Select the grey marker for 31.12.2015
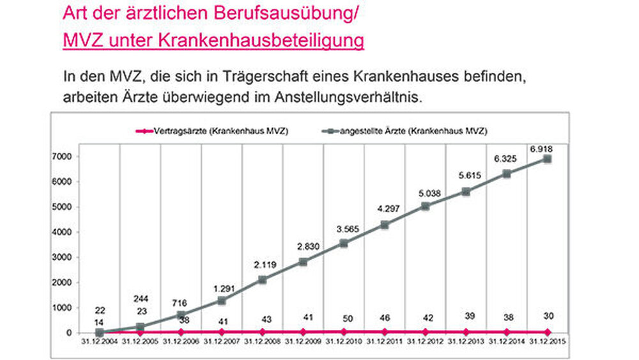547,159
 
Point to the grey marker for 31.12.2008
263,279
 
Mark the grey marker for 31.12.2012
425,206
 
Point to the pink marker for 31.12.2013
466,332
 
